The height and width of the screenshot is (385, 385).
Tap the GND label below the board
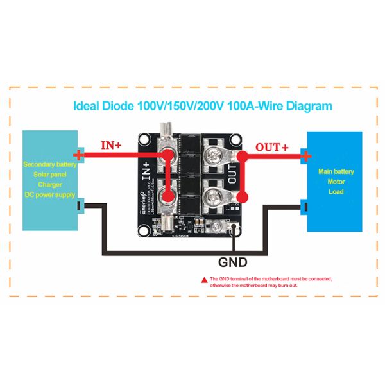coord(233,261)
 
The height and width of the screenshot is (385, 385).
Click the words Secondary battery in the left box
coord(49,164)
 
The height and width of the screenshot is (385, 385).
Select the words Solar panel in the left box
coord(49,175)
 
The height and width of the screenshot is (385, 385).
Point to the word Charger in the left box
coord(49,184)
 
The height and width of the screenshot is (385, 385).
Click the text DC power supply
coord(49,194)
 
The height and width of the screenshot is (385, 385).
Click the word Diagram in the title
coord(304,106)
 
